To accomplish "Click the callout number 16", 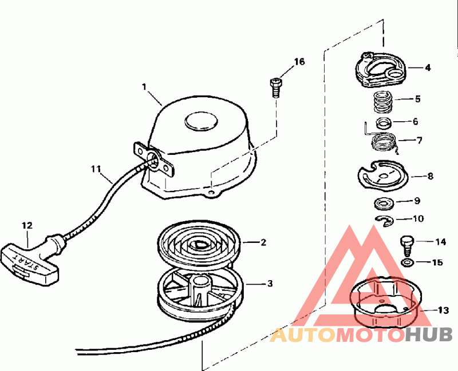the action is click(300, 62).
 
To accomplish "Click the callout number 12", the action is click(27, 225).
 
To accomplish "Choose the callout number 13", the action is click(443, 310).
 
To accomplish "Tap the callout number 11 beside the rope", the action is click(96, 169).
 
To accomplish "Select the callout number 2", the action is click(263, 242).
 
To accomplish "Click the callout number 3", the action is click(270, 283).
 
